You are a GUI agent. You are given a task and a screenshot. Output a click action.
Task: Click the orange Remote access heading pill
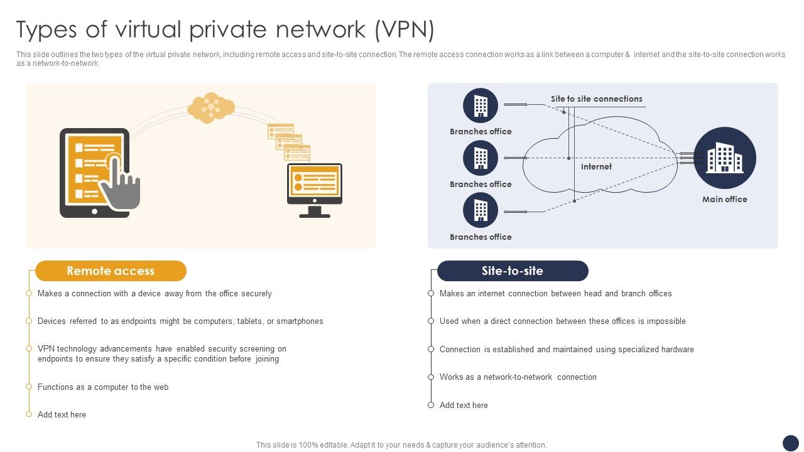(x=111, y=271)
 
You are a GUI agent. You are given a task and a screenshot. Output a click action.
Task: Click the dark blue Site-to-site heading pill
(x=512, y=271)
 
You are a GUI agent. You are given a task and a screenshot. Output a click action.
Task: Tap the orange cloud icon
(x=211, y=107)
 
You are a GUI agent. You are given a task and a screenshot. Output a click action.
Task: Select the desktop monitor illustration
(x=315, y=190)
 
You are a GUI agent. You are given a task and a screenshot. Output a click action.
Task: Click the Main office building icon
(x=724, y=158)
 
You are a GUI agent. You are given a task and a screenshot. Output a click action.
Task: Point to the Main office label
(x=724, y=200)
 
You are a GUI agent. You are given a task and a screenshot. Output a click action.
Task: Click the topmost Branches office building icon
(x=481, y=105)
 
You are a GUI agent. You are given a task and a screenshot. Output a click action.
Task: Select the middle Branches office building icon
(x=481, y=158)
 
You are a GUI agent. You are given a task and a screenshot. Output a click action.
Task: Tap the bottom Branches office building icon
(x=481, y=211)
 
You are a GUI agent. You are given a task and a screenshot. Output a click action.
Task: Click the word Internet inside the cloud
(x=596, y=167)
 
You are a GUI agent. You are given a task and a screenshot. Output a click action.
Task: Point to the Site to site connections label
(x=596, y=99)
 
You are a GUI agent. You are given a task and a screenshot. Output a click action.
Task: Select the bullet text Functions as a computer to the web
(x=103, y=387)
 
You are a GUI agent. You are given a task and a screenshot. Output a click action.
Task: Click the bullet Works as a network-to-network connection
(x=518, y=377)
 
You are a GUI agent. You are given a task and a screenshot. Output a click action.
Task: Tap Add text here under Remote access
(x=62, y=415)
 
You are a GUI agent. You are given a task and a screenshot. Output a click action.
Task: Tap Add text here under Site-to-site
(x=464, y=406)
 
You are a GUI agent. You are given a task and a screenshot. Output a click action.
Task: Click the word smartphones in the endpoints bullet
(x=300, y=321)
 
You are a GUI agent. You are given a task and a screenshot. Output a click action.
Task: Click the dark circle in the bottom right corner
(x=790, y=443)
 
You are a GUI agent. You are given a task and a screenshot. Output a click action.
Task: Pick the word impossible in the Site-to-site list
(x=666, y=321)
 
